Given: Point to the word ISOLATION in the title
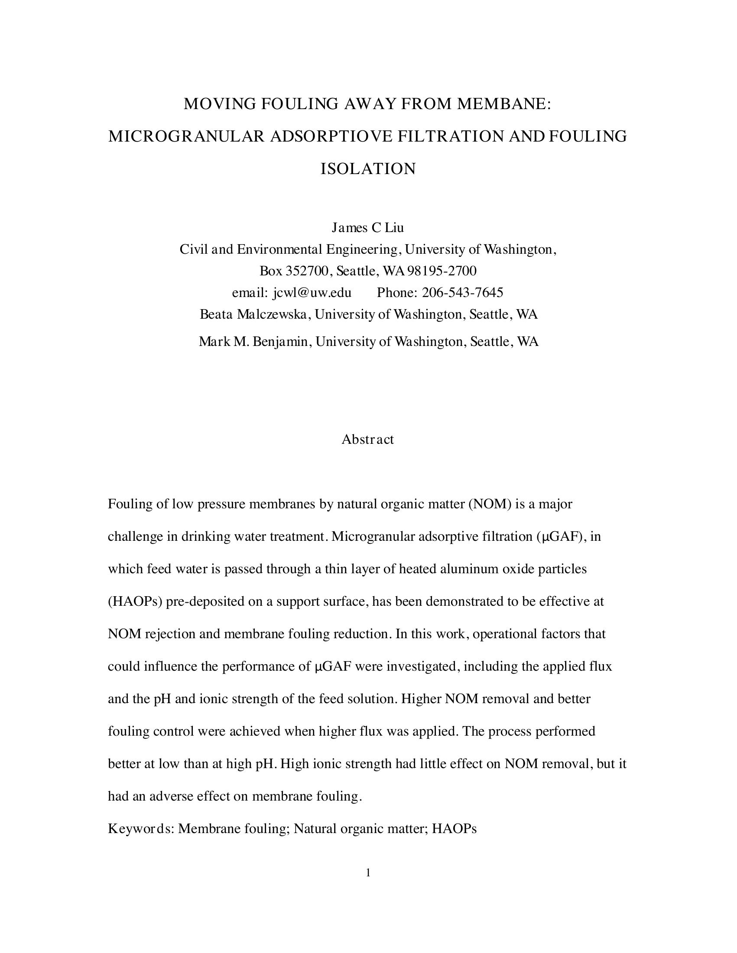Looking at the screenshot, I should [x=368, y=169].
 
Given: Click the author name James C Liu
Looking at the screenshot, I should [x=367, y=227].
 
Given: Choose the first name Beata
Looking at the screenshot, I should [x=216, y=314].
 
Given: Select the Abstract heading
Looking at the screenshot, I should [x=367, y=439].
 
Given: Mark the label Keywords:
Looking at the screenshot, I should [x=141, y=829].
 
